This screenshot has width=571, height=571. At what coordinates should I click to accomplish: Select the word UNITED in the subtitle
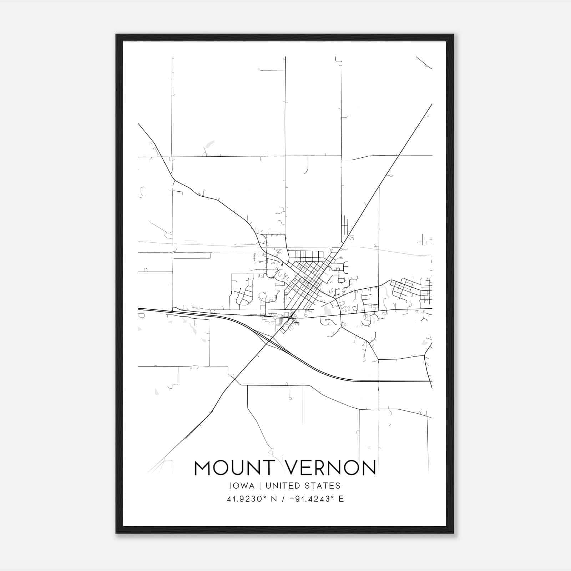(282, 486)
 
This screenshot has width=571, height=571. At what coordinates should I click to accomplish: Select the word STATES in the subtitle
(323, 486)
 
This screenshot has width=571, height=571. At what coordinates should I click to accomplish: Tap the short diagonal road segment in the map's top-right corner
(424, 62)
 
